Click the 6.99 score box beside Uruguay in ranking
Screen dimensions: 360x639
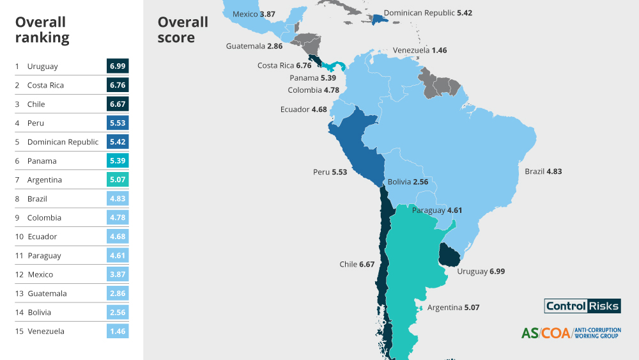coord(118,66)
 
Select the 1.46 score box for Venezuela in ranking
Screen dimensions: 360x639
coord(118,331)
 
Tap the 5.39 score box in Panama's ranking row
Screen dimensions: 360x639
coord(118,160)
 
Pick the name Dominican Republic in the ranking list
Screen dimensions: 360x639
coord(63,142)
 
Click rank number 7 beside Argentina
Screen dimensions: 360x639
coord(17,180)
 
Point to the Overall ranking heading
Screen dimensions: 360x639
coord(42,29)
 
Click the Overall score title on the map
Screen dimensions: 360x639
coord(183,29)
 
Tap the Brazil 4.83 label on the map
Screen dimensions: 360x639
coord(543,171)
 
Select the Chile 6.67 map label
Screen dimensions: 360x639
coord(357,264)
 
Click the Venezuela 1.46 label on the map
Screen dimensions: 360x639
coord(420,50)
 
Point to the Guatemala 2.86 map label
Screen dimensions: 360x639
coord(254,46)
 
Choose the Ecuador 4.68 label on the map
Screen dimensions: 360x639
coord(304,109)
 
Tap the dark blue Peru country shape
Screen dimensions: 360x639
coord(355,144)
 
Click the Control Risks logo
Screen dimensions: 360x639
coord(582,306)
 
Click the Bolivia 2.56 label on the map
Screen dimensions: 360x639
coord(408,182)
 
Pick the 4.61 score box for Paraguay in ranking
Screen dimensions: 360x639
coord(118,255)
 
